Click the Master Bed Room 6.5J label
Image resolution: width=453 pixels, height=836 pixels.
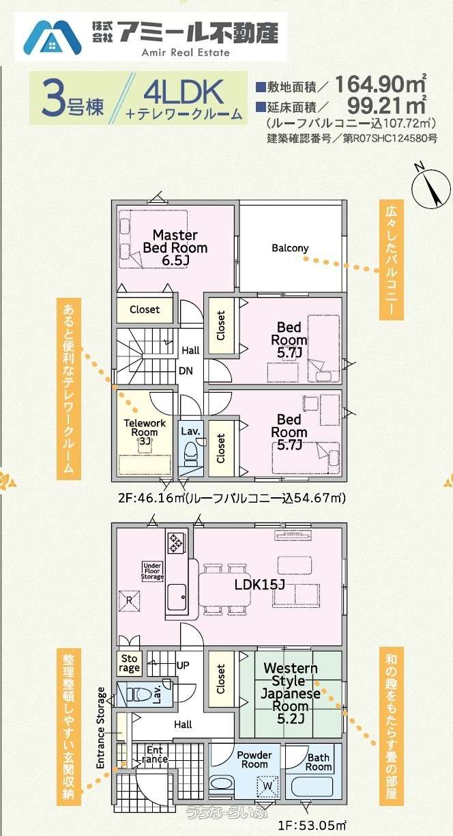coord(175,248)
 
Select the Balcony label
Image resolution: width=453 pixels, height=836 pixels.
coord(290,248)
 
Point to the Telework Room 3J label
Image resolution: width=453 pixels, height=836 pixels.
coord(145,432)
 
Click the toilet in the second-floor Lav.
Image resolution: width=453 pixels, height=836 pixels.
coord(191,453)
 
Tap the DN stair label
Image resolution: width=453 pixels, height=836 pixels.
coord(186,371)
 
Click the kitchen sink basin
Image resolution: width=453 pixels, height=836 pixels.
coord(177,597)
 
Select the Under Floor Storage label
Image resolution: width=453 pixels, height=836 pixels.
coord(152,572)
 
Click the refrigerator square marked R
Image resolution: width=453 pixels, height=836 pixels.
coord(130,601)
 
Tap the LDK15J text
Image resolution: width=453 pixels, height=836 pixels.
coord(259,585)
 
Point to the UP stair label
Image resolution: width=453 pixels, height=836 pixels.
coord(183,665)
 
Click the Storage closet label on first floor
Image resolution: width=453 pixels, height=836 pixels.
coord(129,663)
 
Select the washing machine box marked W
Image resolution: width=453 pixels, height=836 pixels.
coord(267,785)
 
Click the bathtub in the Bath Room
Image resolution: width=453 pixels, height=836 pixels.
coord(312,786)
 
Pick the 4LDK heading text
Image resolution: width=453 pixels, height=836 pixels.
coord(184,93)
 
